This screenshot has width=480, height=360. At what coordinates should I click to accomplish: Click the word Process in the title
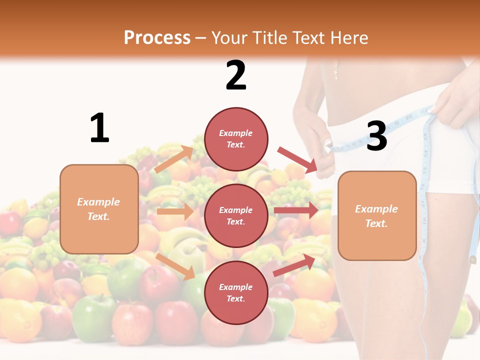[x=157, y=38]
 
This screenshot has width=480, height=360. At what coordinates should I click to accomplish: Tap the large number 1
[x=99, y=128]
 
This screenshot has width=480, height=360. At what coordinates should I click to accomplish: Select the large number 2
[x=236, y=75]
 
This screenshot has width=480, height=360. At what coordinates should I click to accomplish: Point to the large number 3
[x=376, y=136]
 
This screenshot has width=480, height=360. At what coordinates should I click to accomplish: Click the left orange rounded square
[x=99, y=209]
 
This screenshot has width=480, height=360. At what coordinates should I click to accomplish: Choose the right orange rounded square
[x=377, y=216]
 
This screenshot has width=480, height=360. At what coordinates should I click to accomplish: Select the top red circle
[x=236, y=138]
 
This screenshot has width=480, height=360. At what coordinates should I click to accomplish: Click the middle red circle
[x=236, y=215]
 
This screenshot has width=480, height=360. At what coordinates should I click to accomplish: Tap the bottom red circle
[x=236, y=292]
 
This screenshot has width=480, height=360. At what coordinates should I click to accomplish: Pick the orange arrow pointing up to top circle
[x=174, y=159]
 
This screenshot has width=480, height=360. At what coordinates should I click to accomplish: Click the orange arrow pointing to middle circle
[x=175, y=211]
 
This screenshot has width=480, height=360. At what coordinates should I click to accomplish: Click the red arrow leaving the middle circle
[x=296, y=210]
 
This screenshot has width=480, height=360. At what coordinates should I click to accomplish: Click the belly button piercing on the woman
[x=336, y=69]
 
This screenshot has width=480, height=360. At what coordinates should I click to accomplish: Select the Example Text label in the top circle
[x=236, y=138]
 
